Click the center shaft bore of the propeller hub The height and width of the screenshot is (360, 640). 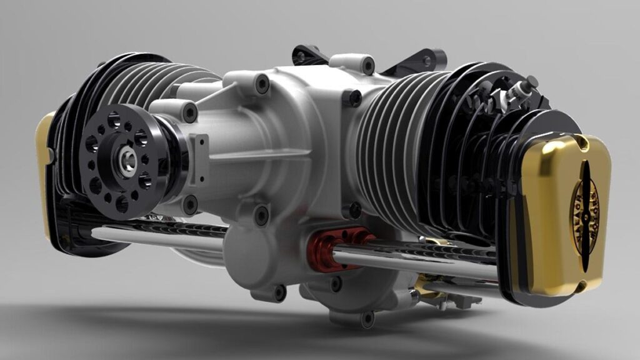[127, 161]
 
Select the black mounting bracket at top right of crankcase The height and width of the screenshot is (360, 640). [419, 61]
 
